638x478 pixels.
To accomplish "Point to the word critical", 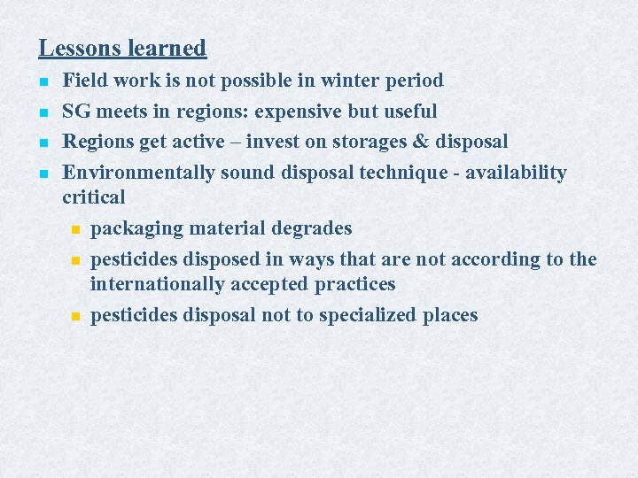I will tap(94, 197).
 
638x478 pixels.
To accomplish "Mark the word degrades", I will tap(314, 228).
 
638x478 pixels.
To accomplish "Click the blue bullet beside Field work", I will tap(43, 81).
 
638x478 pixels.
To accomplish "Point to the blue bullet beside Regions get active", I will tap(43, 143).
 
